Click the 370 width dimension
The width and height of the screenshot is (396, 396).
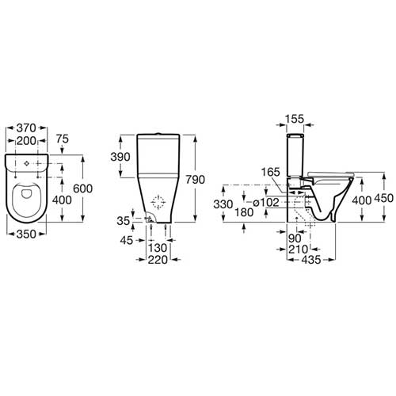coord(26,128)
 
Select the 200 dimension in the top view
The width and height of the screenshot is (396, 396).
coord(26,141)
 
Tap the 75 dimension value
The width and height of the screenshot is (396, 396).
coord(63,139)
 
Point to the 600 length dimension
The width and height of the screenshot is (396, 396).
coord(82,188)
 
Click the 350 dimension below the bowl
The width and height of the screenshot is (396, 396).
coord(26,234)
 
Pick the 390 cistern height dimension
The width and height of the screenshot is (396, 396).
coord(120,157)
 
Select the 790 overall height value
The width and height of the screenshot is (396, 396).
coord(196,180)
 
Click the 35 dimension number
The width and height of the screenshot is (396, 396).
coord(124,221)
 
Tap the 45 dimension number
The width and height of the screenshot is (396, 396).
coord(127,240)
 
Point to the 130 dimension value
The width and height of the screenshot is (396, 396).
coord(158,248)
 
